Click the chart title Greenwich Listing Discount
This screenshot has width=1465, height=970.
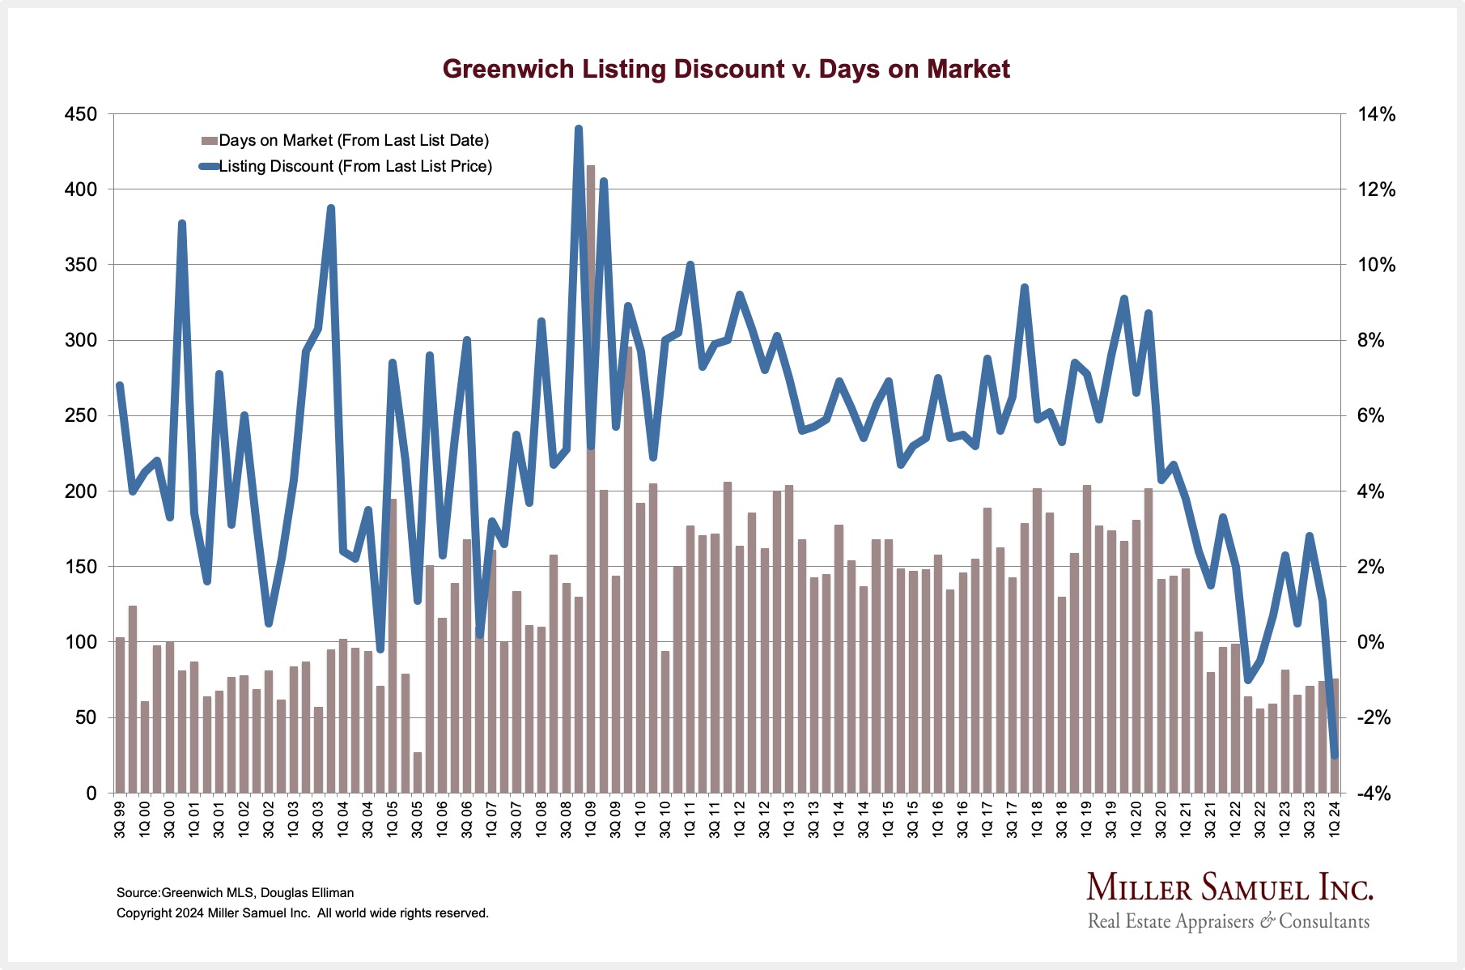coord(726,69)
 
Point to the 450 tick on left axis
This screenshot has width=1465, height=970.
coord(80,114)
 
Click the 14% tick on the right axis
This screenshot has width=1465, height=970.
coord(1376,114)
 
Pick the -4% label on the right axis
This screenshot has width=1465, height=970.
coord(1374,793)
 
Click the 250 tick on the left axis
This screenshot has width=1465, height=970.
coord(80,415)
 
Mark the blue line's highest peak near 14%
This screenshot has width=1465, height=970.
coord(578,129)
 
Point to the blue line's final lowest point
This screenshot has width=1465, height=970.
coord(1335,756)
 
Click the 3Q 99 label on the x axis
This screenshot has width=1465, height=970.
coord(120,819)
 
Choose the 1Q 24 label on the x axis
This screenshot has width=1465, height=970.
coord(1335,819)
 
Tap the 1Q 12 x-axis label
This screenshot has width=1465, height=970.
coord(739,819)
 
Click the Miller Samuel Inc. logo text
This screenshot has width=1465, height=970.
coord(1229,887)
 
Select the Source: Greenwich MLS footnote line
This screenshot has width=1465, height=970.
coord(235,892)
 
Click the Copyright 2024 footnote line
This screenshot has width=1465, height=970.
coord(302,913)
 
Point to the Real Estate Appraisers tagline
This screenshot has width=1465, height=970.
coord(1228,921)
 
